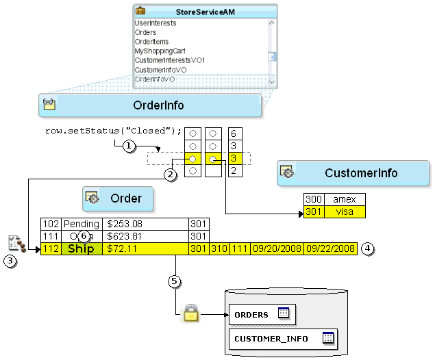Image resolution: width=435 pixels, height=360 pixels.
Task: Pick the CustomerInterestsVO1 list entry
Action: [169, 60]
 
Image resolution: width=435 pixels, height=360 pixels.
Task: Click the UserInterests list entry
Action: [155, 23]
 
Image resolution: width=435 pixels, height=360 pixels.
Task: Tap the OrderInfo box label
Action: [158, 105]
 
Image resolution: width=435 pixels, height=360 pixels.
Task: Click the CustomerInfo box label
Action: [361, 173]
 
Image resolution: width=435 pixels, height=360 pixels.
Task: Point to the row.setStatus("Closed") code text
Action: [114, 131]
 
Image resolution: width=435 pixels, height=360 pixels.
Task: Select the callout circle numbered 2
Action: [169, 174]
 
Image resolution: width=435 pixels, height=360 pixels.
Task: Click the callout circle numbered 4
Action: [368, 248]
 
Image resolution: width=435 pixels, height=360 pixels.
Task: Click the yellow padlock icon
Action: [190, 314]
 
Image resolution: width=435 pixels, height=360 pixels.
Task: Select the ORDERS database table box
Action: [262, 314]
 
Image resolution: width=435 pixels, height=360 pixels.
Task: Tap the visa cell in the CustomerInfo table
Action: [345, 211]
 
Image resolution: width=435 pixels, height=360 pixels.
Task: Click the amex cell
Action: [345, 199]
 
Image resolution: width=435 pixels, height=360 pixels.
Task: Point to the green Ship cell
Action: [82, 248]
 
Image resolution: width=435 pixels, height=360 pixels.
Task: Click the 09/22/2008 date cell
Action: [330, 248]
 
